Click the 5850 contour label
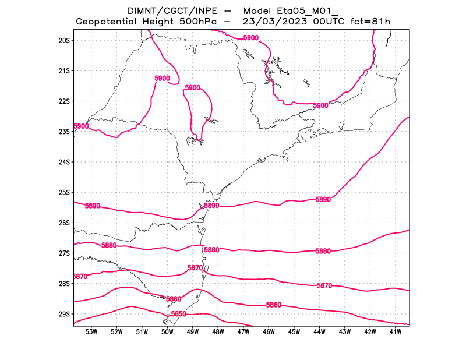pyautogui.click(x=178, y=314)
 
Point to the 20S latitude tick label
pyautogui.click(x=64, y=40)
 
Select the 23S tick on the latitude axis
pyautogui.click(x=64, y=132)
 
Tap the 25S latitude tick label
pyautogui.click(x=64, y=192)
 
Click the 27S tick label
pyautogui.click(x=64, y=253)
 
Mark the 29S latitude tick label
pyautogui.click(x=64, y=314)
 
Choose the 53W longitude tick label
pyautogui.click(x=91, y=332)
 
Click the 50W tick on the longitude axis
pyautogui.click(x=167, y=332)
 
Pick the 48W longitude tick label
pyautogui.click(x=218, y=332)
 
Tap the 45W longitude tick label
pyautogui.click(x=294, y=332)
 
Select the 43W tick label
pyautogui.click(x=344, y=332)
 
